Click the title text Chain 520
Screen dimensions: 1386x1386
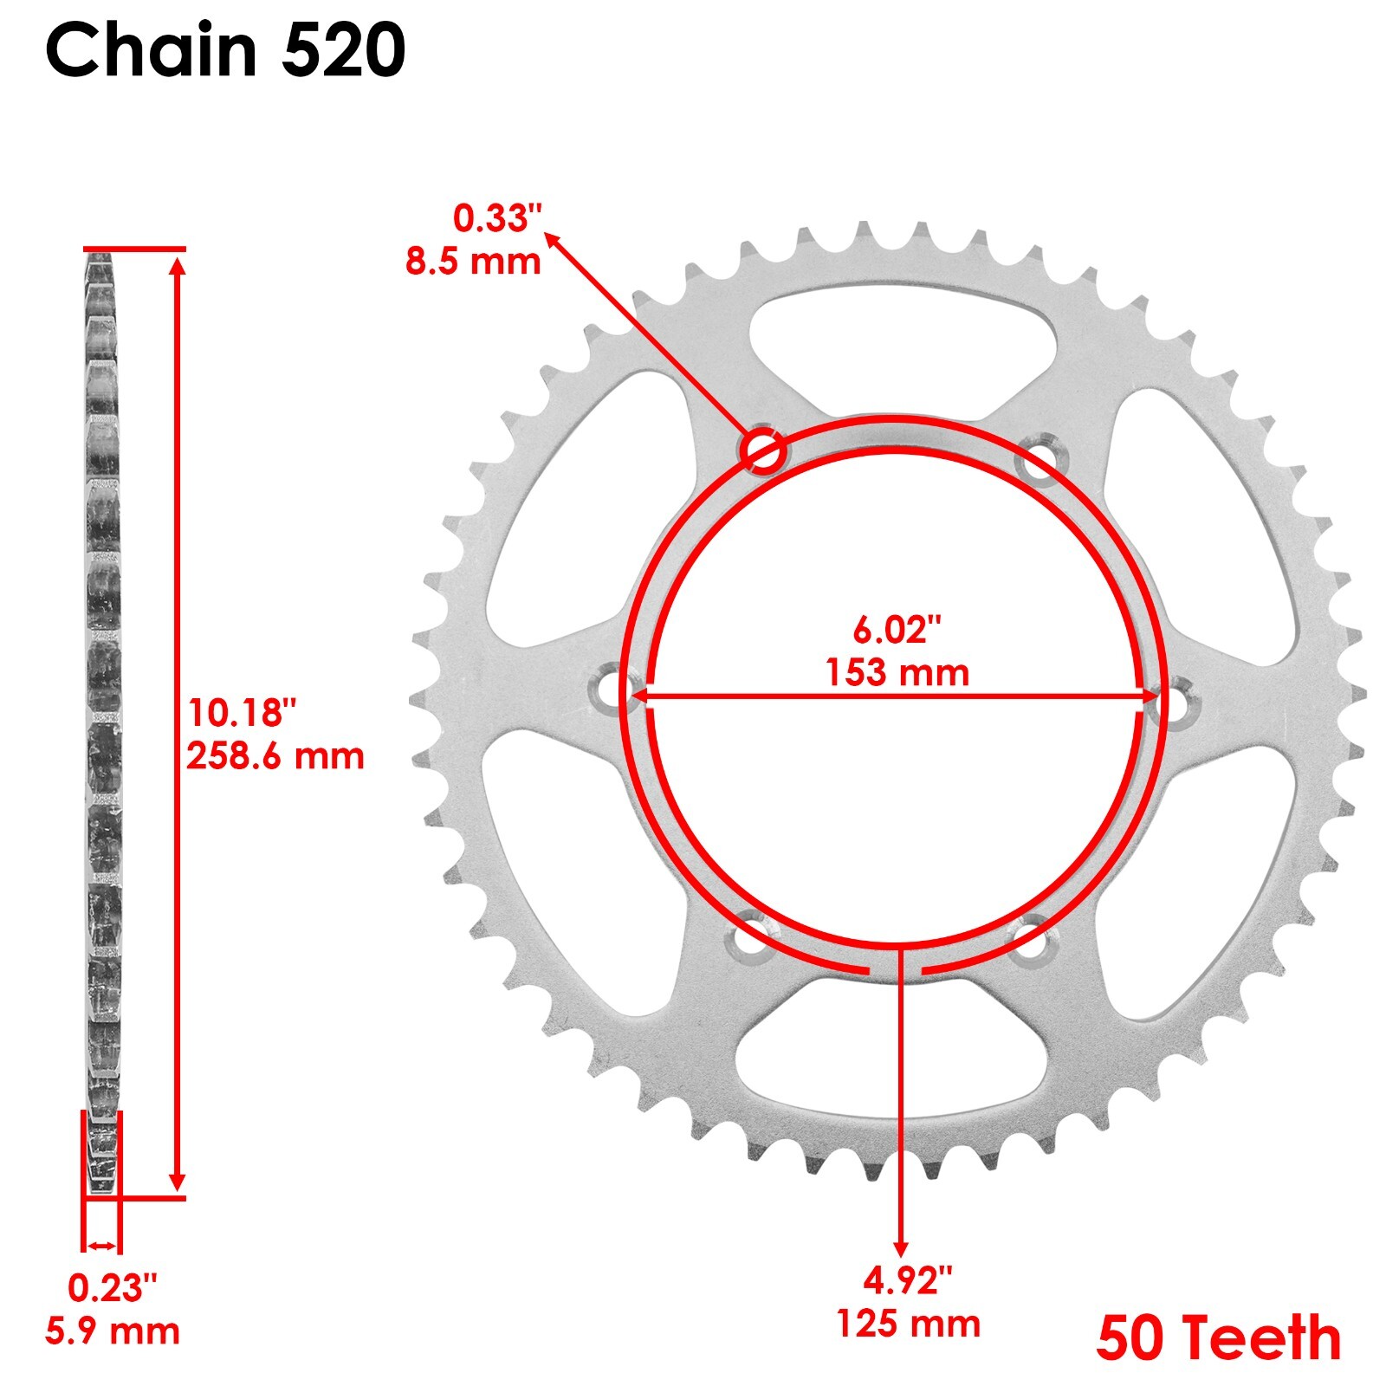coord(225,50)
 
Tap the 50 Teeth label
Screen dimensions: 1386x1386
coord(1218,1338)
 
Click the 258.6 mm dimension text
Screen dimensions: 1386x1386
coord(275,756)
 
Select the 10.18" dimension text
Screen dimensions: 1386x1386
coord(242,713)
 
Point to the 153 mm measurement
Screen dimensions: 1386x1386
coord(897,673)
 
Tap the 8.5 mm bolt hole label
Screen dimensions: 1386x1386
coord(473,261)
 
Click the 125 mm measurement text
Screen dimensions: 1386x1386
coord(908,1324)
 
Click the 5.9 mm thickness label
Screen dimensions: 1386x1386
coord(113,1331)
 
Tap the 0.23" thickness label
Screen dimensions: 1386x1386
coord(113,1289)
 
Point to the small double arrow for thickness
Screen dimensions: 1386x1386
coord(101,1246)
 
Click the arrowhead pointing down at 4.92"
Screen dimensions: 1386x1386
coord(901,1247)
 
